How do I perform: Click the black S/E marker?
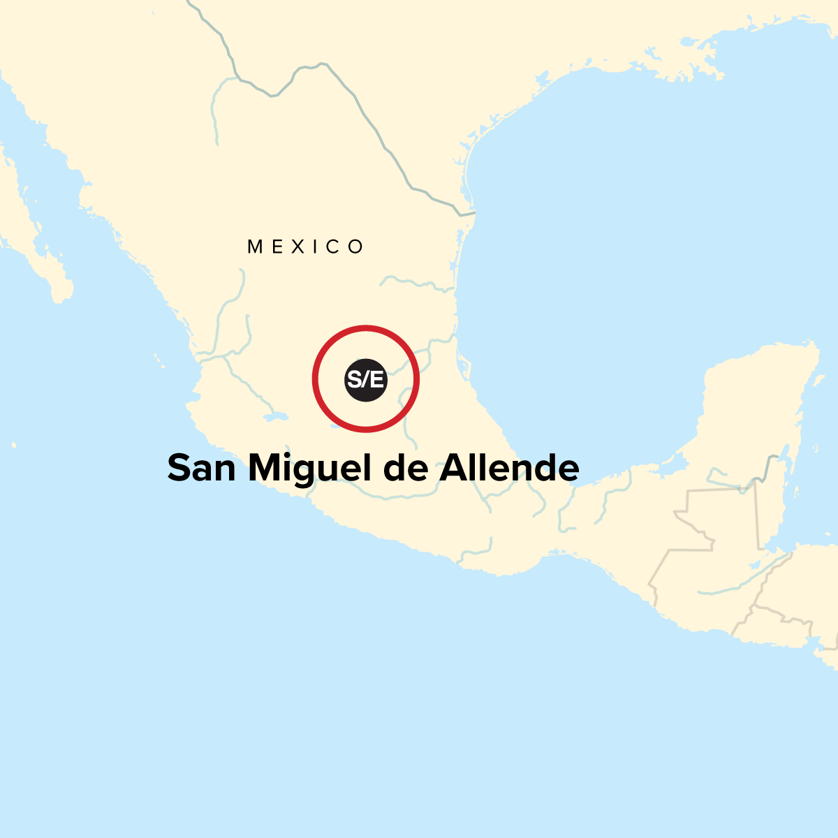pos(366,380)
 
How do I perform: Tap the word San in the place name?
pos(201,468)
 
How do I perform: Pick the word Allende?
pos(509,468)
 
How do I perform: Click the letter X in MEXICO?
pos(298,247)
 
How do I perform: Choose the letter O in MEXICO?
pos(357,247)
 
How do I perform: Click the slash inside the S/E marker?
pos(366,380)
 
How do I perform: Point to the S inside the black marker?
pos(355,380)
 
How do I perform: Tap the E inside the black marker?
pos(376,380)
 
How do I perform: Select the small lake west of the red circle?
pos(276,419)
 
